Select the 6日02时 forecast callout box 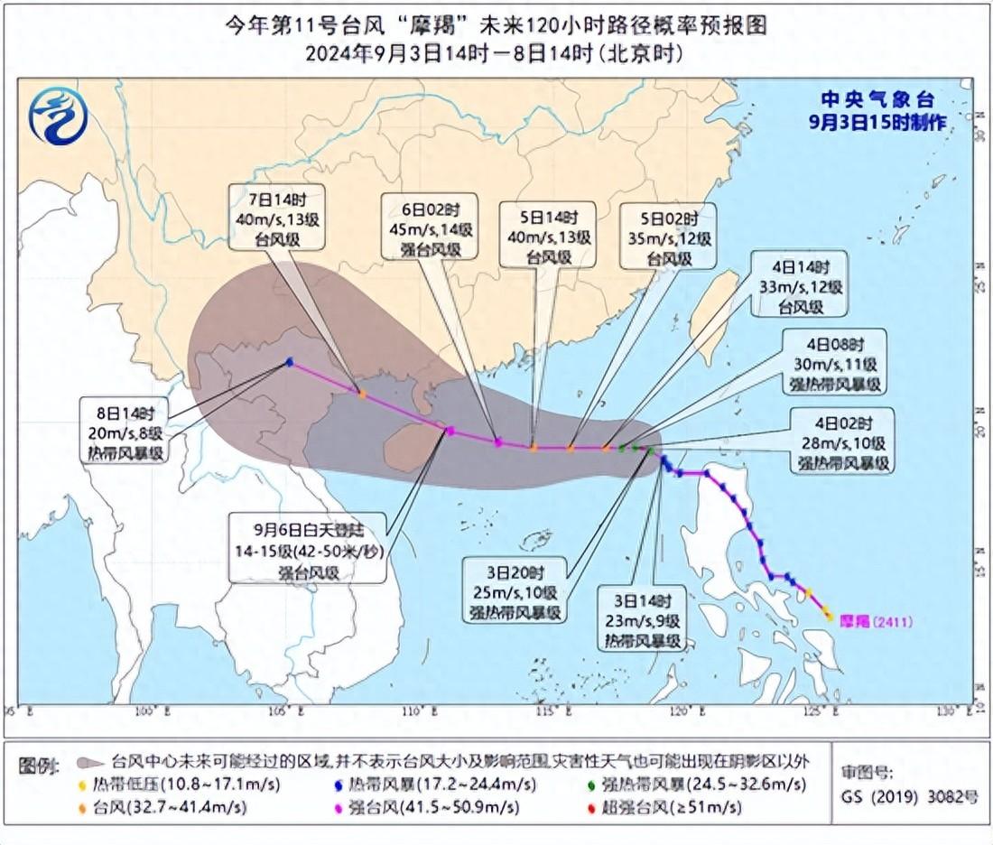point(428,226)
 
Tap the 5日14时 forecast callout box point(548,236)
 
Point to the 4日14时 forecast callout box point(800,283)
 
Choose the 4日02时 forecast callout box point(842,441)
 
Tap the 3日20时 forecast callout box point(516,590)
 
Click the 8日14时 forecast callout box point(124,431)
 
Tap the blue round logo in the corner point(58,116)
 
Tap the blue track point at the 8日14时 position point(289,362)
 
